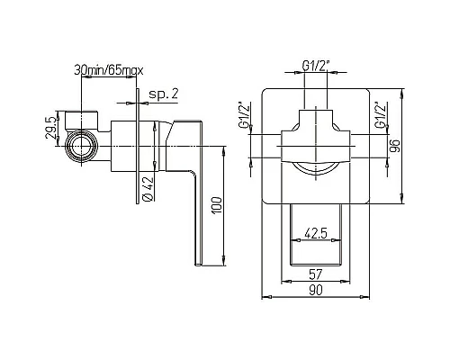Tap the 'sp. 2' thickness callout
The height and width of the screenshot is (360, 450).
[x=164, y=94]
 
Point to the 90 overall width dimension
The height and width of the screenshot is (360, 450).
[x=316, y=289]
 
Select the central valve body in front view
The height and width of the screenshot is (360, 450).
[x=316, y=146]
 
